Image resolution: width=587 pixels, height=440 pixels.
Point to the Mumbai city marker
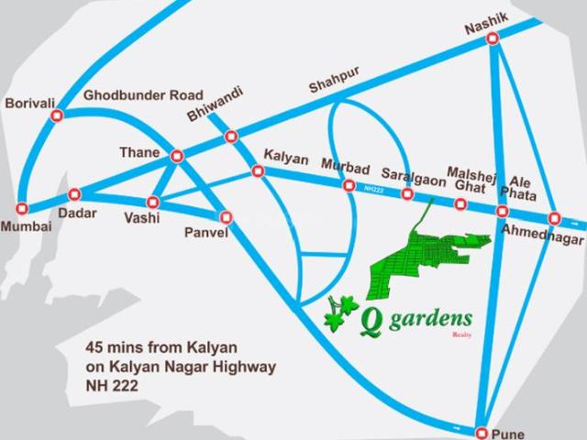click(x=22, y=207)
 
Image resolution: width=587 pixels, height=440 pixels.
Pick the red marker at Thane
click(x=177, y=156)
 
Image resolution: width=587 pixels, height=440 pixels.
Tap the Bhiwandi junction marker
click(x=231, y=137)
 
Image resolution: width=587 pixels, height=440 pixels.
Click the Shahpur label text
click(x=331, y=86)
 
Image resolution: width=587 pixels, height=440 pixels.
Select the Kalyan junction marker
click(x=258, y=171)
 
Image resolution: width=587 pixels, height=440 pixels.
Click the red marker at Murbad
click(x=349, y=185)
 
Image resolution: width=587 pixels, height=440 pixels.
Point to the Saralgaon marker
click(x=408, y=194)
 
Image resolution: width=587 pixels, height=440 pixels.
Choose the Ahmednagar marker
click(x=554, y=217)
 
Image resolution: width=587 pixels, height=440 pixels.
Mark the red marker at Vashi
click(x=154, y=202)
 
